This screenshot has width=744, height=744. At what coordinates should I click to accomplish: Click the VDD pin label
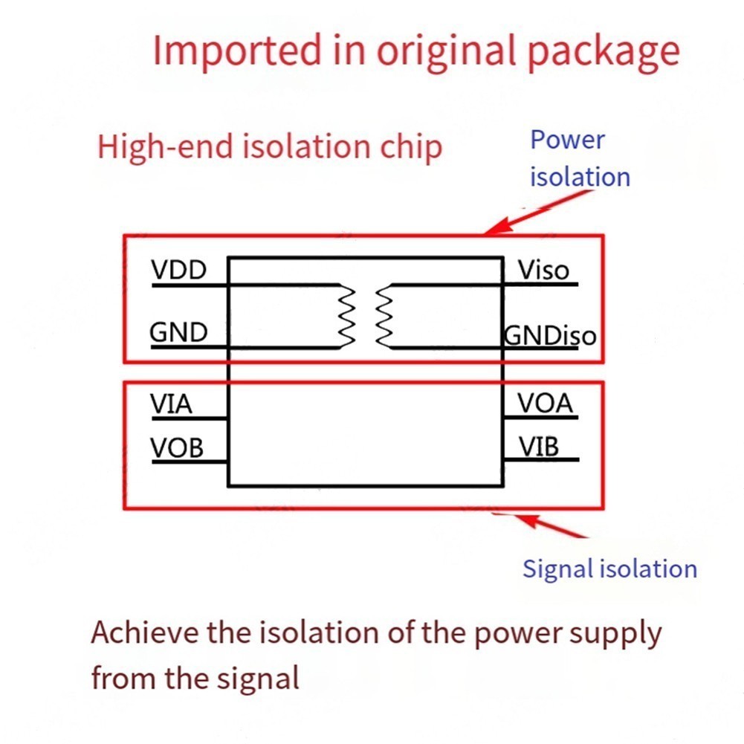(179, 270)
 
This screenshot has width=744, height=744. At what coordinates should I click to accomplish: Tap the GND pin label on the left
(179, 332)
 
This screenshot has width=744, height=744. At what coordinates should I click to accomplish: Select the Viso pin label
(543, 270)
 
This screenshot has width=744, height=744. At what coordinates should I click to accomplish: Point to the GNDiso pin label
(550, 335)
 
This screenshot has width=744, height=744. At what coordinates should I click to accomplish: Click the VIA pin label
(172, 404)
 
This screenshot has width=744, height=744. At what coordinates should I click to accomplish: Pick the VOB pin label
(177, 448)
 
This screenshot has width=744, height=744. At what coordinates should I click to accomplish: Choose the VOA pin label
(546, 404)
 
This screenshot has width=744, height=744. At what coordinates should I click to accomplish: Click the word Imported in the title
(238, 51)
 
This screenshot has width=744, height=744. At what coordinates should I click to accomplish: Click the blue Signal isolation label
(609, 569)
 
